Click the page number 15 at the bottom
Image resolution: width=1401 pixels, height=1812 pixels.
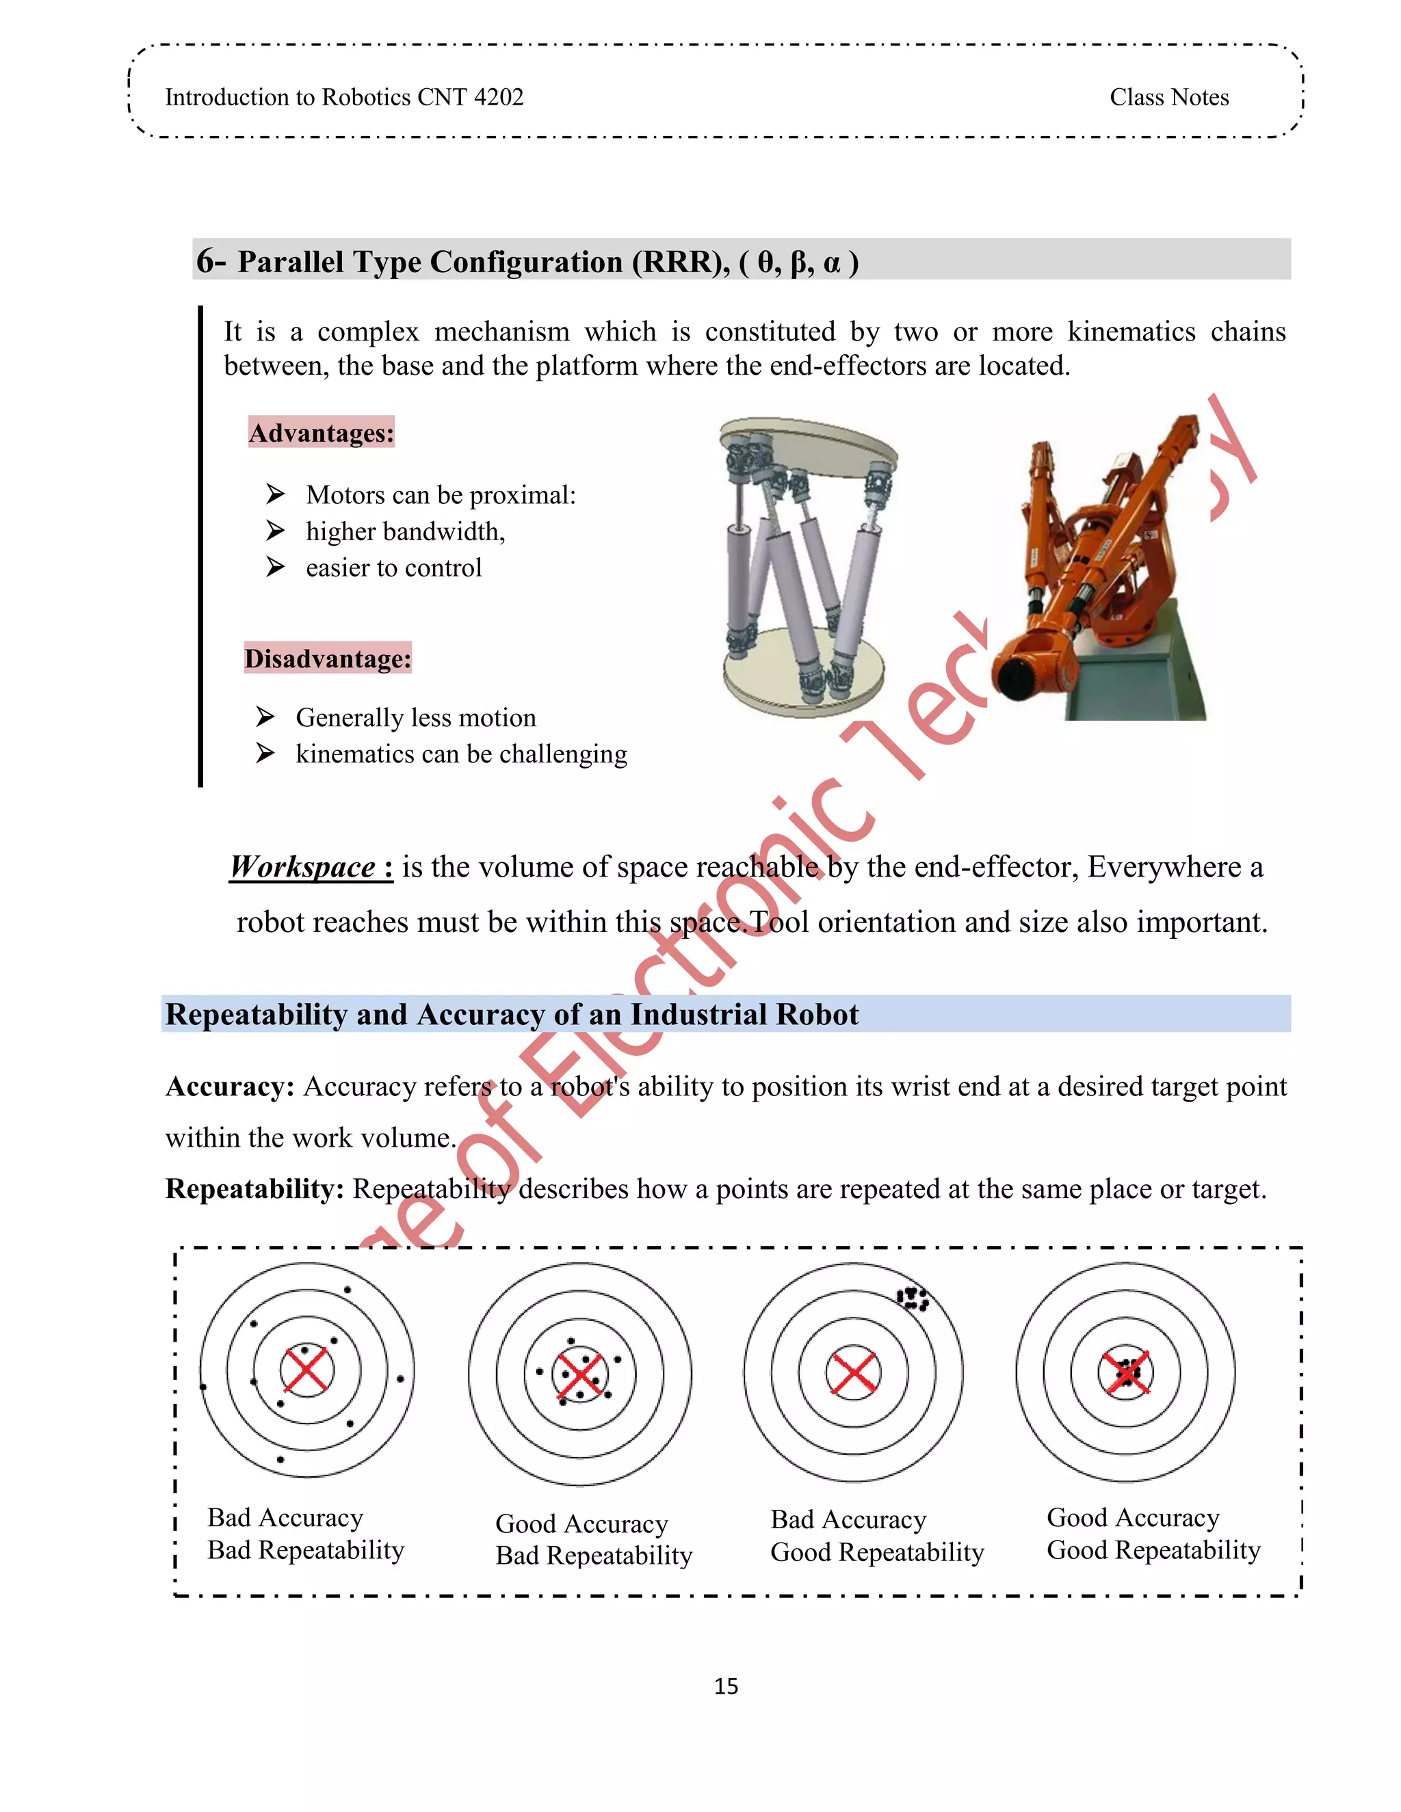[725, 1686]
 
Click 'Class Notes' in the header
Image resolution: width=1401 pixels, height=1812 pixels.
[1168, 97]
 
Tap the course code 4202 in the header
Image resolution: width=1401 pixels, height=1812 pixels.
[498, 97]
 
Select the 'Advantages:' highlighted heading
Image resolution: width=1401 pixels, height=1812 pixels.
[322, 433]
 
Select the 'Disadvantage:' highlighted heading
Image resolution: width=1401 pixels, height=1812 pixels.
[328, 658]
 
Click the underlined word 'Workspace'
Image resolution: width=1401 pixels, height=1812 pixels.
[303, 867]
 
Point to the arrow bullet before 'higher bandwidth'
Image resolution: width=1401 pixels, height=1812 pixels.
[275, 530]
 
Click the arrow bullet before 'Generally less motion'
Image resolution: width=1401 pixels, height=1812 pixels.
[265, 716]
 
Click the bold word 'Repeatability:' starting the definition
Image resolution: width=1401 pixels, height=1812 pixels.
[254, 1189]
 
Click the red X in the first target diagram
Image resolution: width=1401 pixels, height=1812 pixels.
[306, 1370]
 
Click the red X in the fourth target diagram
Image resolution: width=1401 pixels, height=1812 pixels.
[1125, 1372]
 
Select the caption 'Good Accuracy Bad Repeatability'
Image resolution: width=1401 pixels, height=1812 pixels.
[593, 1540]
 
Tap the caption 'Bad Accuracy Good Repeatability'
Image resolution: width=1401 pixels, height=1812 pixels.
[876, 1536]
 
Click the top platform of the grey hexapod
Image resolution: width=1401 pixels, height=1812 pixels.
[809, 444]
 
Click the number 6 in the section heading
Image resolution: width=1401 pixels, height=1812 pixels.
[205, 261]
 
